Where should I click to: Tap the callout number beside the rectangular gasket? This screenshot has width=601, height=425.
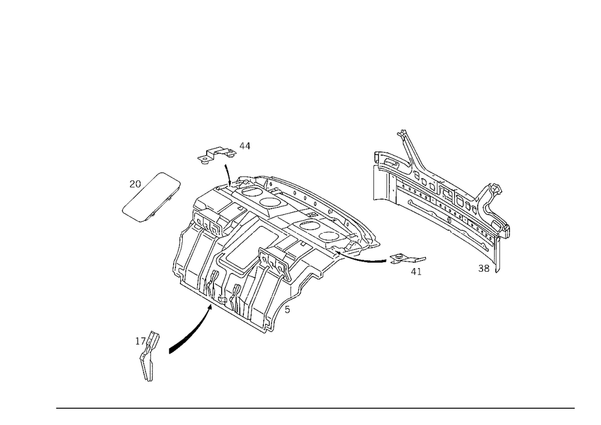coord(136,182)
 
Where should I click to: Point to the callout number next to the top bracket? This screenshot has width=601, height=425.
coord(244,143)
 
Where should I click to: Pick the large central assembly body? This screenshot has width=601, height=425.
coord(270,246)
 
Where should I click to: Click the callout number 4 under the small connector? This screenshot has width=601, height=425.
coord(413,272)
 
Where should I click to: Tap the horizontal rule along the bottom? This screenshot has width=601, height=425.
coord(316,408)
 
